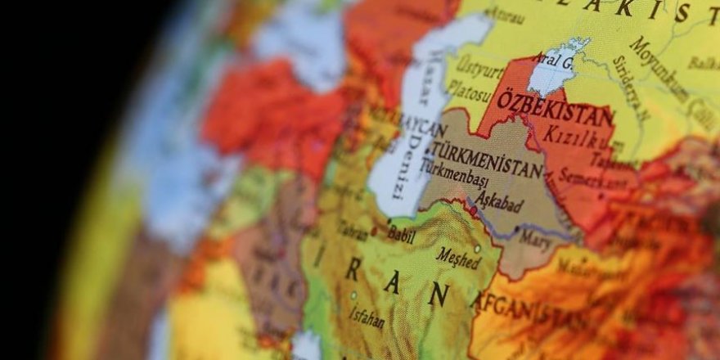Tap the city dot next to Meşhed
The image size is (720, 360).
tap(478, 249)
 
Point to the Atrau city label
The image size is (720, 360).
tap(505, 15)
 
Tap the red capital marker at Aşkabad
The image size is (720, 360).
tap(473, 210)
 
